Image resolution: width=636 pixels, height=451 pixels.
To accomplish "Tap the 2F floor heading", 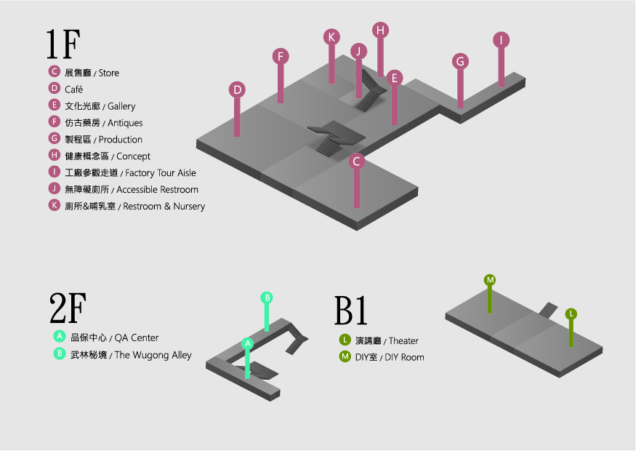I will (x=66, y=310).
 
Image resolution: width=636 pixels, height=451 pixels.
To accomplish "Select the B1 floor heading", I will (x=351, y=311).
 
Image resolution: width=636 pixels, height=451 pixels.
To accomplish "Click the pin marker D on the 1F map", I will (x=237, y=89).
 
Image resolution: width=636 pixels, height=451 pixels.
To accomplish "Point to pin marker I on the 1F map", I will (x=501, y=40).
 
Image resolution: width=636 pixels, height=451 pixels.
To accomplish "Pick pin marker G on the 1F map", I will (x=460, y=61).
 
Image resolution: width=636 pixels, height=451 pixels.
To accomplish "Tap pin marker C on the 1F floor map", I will (x=356, y=161).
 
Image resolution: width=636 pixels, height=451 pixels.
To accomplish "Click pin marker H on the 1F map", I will (x=380, y=30).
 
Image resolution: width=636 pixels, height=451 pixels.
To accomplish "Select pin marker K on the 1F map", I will (x=331, y=37).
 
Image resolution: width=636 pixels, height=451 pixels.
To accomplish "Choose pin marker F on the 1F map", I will (x=281, y=56).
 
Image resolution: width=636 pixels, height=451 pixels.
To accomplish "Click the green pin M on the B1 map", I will (x=490, y=280).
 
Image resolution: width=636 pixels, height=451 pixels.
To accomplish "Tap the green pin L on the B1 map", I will (x=571, y=314).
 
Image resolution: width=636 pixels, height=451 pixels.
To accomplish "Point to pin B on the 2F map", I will (x=267, y=297).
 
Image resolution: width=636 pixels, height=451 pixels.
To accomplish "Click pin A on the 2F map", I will (x=247, y=343).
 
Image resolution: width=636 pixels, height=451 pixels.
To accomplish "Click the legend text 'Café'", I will (x=74, y=89).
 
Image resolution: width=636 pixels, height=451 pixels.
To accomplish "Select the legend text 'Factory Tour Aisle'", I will (x=160, y=173).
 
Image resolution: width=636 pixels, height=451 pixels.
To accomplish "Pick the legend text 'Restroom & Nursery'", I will (x=164, y=207).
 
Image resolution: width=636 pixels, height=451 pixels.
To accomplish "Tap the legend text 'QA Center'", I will (x=136, y=338).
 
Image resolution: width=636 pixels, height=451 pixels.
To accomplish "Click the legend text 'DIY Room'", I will (x=403, y=357).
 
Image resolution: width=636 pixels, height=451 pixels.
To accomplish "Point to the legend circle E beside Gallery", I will (x=54, y=105).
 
